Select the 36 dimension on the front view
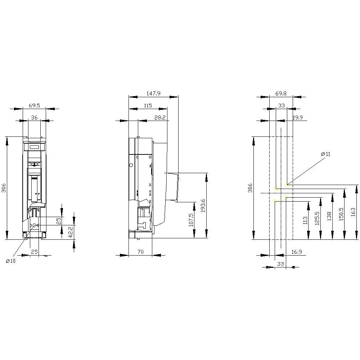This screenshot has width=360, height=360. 34,117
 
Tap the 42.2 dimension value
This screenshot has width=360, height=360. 71,230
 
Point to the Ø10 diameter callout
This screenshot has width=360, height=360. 11,261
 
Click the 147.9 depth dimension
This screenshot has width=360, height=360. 153,94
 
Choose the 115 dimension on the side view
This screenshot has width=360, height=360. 148,105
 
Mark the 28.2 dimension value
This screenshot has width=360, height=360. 160,117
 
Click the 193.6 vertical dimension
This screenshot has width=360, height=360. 203,206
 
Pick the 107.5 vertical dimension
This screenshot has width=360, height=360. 191,220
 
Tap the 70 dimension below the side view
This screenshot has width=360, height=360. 140,252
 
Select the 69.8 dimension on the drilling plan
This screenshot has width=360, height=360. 281,94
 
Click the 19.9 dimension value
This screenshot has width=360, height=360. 298,117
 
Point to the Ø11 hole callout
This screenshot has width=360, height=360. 325,154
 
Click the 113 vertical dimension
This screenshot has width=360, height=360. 305,220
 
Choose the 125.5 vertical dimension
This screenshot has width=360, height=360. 317,218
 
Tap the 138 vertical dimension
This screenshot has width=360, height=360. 329,216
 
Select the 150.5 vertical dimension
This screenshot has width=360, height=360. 341,214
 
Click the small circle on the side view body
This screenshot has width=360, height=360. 131,165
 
